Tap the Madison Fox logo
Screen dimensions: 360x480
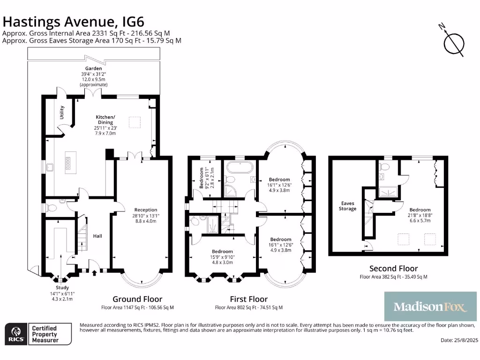click(430, 307)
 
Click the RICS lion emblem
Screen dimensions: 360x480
click(15, 334)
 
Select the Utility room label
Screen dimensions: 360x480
click(62, 112)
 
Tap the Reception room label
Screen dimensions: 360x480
click(146, 210)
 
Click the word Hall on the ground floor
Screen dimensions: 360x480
click(97, 236)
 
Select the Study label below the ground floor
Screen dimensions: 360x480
click(62, 287)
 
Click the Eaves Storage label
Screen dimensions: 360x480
click(348, 206)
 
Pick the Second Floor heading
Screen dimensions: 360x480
click(393, 269)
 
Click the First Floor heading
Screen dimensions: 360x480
click(248, 299)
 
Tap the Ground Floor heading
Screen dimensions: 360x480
click(137, 299)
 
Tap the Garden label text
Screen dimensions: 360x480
click(93, 68)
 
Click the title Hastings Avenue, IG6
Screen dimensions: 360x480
click(74, 22)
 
